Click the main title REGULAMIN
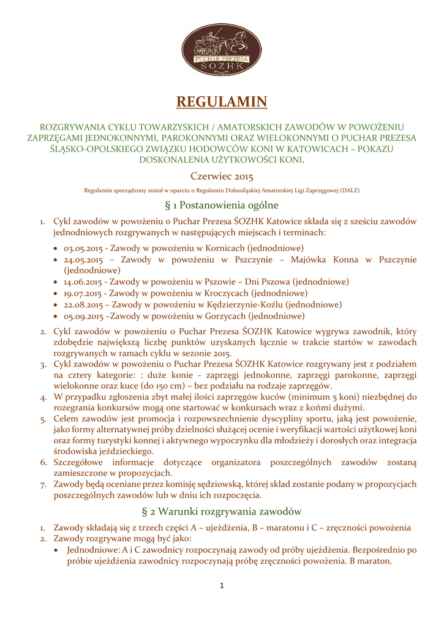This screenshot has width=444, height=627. click(x=222, y=101)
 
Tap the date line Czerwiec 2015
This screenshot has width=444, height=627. click(x=222, y=177)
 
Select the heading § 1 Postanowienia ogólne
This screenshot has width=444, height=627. click(x=222, y=205)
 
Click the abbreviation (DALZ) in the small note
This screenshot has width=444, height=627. click(x=349, y=190)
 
